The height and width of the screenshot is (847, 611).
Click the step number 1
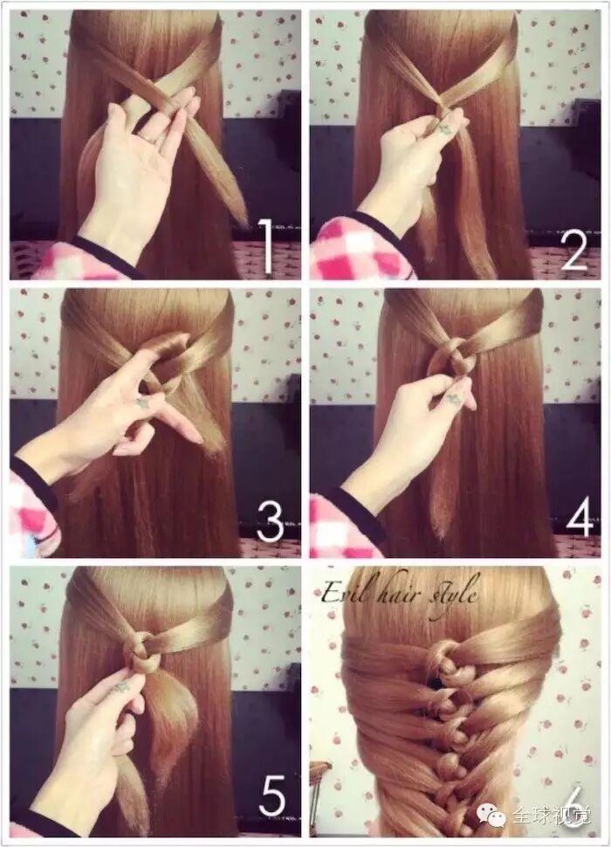click(x=267, y=245)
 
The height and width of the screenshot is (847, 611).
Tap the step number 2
click(x=573, y=245)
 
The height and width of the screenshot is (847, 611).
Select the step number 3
click(x=270, y=523)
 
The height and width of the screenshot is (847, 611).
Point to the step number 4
click(x=580, y=518)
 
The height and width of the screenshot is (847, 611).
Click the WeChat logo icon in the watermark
click(x=487, y=816)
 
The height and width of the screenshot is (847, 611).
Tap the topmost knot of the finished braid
click(x=443, y=658)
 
